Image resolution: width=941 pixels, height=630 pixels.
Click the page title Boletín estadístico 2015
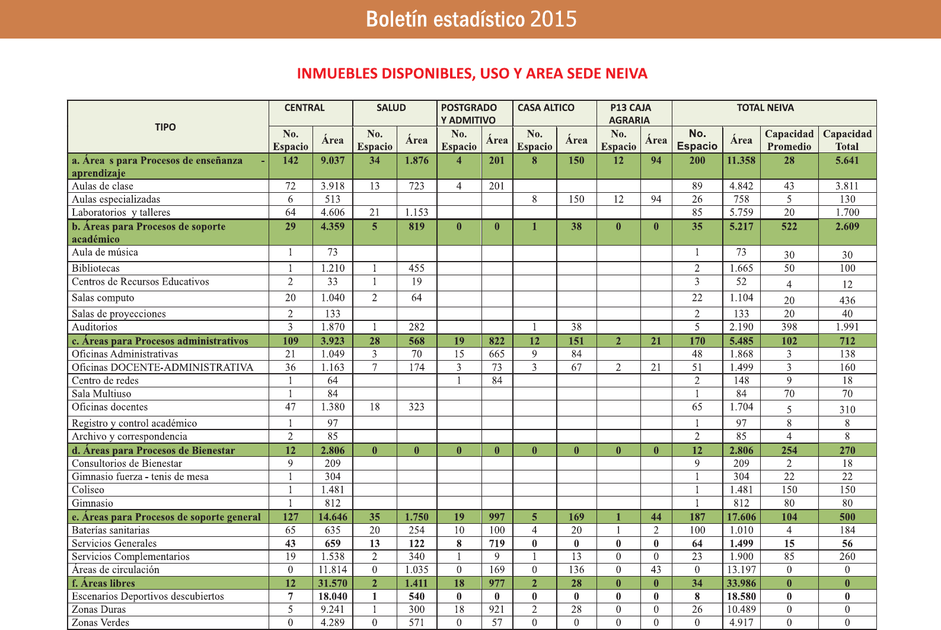tap(471, 19)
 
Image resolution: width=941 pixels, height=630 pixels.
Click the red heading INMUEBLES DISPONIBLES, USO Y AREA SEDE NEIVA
tap(472, 74)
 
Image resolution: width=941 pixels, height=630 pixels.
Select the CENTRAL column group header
tap(304, 108)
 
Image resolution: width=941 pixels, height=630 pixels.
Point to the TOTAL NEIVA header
tap(765, 108)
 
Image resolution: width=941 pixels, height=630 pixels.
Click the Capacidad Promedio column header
tap(789, 140)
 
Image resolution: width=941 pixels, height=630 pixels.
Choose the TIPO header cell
tap(165, 127)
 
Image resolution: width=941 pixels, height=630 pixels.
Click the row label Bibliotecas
tap(95, 268)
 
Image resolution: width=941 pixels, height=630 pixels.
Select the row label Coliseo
tap(88, 490)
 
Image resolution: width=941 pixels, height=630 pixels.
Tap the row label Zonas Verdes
tap(100, 622)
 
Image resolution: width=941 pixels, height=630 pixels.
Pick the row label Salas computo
tap(103, 298)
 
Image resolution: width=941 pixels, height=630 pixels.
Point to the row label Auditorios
tap(94, 327)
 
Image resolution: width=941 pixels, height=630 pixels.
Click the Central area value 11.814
tap(332, 569)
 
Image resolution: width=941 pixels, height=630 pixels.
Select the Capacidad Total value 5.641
tap(847, 160)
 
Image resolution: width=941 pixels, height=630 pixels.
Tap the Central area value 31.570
tap(332, 583)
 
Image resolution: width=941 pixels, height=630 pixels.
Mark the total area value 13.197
tap(741, 569)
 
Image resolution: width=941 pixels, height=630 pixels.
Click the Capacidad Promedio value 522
tap(789, 227)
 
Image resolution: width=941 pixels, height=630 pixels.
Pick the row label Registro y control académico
tap(134, 423)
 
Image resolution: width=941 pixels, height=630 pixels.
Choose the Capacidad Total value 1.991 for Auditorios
tap(847, 327)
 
